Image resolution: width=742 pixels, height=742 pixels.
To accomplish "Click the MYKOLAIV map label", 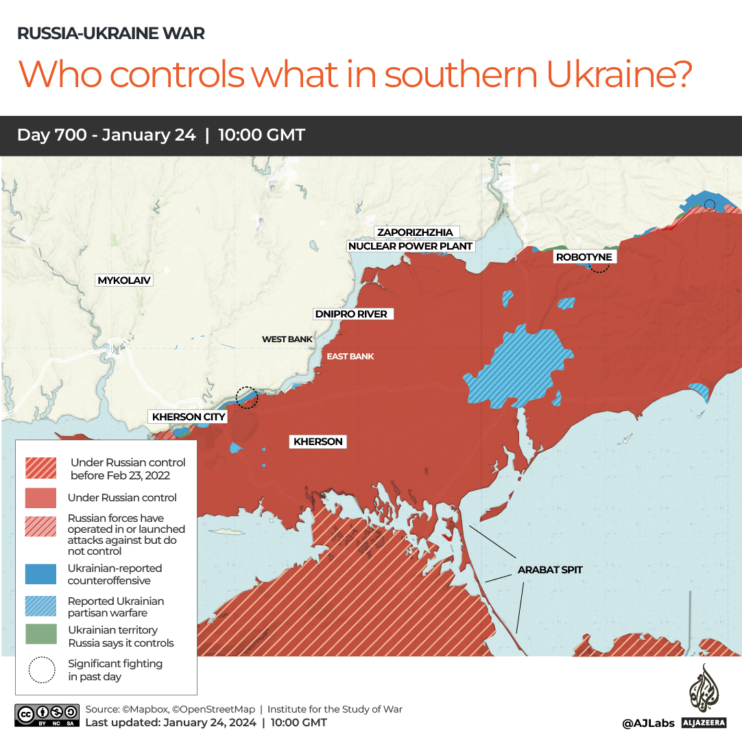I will click(x=124, y=280).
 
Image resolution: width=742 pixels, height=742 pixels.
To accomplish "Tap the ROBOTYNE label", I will click(x=584, y=257).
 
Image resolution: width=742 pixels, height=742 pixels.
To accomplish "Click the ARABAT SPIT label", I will click(x=550, y=569).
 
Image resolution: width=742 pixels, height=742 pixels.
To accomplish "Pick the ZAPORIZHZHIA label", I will click(x=416, y=232).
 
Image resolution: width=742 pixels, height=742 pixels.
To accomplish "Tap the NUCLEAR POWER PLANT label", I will click(x=411, y=246).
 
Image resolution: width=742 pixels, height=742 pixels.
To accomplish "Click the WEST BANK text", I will click(x=287, y=339).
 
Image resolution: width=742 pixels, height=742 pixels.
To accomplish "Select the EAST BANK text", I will click(x=350, y=357).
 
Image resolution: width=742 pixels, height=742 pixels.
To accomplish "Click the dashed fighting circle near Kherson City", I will click(x=246, y=397).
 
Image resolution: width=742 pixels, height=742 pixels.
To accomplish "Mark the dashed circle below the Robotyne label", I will click(x=599, y=267).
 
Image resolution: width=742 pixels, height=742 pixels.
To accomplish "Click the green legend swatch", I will click(x=41, y=636).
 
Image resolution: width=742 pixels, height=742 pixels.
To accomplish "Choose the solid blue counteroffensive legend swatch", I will click(x=41, y=574).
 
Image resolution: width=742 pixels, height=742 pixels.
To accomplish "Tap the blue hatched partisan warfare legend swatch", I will click(x=41, y=606).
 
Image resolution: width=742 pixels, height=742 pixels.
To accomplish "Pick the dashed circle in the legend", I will click(x=41, y=670).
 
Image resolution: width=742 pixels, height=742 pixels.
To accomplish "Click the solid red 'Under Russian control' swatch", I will click(x=41, y=498).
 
